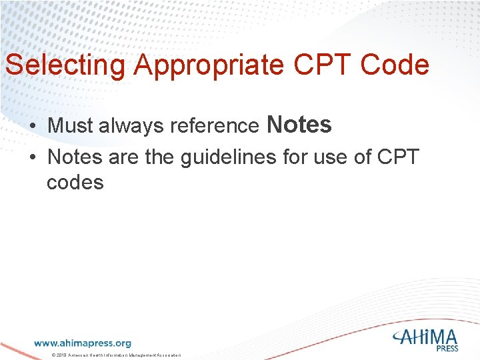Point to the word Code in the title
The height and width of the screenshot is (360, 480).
pos(394,65)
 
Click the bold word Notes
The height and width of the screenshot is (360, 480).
pos(299,125)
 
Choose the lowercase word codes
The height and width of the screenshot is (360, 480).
pos(75,182)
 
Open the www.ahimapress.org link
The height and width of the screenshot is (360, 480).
pos(83,343)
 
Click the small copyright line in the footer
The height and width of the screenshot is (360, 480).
pos(116,355)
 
